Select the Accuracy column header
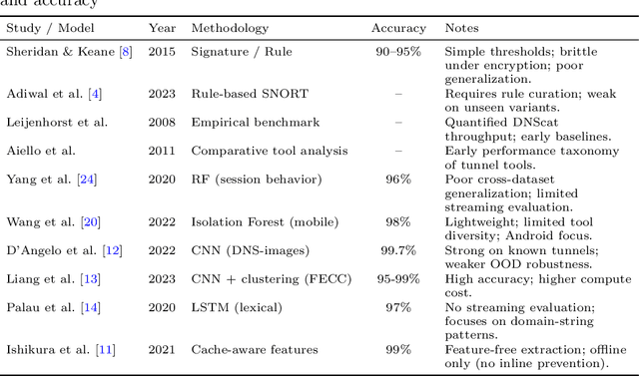(x=398, y=28)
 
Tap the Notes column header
(x=461, y=28)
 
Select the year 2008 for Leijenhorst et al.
(x=162, y=122)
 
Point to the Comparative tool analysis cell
(x=270, y=151)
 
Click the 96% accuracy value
(x=398, y=180)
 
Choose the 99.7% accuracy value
(x=398, y=250)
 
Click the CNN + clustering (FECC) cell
(x=272, y=279)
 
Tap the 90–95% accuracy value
(x=398, y=51)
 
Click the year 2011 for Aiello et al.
(x=162, y=151)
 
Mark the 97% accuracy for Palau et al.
(x=398, y=308)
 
